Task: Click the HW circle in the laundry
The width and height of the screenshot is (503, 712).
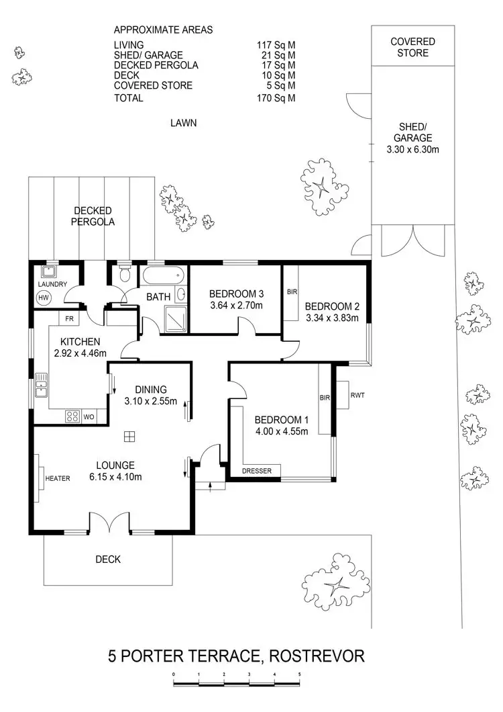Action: tap(43, 298)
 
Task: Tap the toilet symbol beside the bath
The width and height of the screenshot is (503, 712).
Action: tap(123, 275)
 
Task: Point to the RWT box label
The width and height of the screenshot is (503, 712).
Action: tap(357, 395)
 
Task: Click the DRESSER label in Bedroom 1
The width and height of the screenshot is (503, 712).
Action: tap(257, 471)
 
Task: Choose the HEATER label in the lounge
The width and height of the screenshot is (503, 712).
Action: tap(58, 478)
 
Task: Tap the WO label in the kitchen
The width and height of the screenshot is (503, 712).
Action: tap(89, 416)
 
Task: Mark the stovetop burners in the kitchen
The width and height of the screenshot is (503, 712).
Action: tap(72, 416)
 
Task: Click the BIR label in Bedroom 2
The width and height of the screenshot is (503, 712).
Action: tap(292, 292)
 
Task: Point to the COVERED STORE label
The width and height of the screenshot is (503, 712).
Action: tap(412, 47)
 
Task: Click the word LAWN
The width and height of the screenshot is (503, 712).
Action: tap(183, 123)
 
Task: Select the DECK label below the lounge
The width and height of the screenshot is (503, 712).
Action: tap(107, 559)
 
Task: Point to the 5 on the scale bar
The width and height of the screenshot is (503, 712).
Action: tap(299, 674)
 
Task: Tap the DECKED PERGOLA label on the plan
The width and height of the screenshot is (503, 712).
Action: tap(93, 216)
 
